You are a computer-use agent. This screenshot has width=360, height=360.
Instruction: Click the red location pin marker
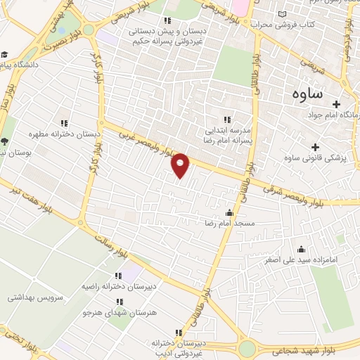(x=181, y=165)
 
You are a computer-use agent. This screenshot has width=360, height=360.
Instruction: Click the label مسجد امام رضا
(x=229, y=223)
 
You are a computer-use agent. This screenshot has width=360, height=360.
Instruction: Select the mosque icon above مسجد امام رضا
(x=229, y=212)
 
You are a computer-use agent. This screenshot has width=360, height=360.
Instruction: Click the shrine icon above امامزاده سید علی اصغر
(x=302, y=249)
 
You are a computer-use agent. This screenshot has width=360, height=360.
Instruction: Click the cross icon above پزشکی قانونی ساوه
(x=314, y=147)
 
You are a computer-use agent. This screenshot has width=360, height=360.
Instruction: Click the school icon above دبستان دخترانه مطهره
(x=65, y=123)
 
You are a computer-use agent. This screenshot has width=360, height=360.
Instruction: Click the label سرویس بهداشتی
(x=35, y=297)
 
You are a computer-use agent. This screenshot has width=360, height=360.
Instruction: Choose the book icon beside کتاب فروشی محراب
(x=283, y=15)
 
